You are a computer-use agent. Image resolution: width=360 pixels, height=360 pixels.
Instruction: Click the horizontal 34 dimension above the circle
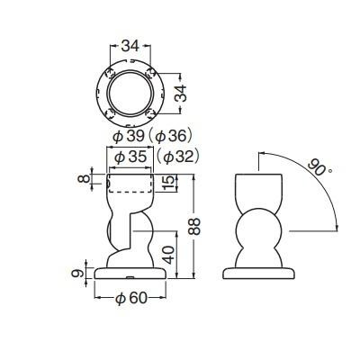point(130,46)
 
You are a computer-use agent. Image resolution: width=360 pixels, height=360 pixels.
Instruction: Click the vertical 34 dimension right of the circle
point(181,94)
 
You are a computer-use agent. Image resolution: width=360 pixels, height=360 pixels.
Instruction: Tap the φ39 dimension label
point(129,137)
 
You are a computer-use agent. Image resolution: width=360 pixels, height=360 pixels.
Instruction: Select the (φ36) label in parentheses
point(169,137)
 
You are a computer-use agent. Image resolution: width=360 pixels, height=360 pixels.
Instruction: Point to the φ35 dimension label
point(130,157)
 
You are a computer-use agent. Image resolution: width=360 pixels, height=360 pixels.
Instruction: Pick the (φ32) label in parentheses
point(178,157)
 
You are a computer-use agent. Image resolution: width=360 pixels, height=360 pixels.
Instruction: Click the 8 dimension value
point(84,179)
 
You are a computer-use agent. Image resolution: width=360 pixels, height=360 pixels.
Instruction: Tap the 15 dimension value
point(169,183)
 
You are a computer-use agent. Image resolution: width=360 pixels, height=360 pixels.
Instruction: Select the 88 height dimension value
point(194,227)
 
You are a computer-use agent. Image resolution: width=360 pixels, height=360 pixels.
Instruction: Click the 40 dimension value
point(169,255)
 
